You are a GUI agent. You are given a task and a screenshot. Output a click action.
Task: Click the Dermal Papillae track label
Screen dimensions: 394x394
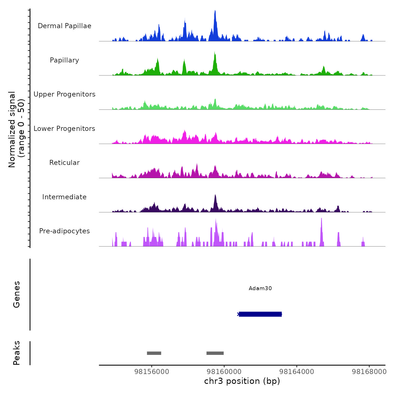(x=64, y=26)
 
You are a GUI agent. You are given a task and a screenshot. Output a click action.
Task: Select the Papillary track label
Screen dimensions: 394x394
(x=64, y=60)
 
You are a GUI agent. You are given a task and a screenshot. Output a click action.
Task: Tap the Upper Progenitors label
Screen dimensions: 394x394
(x=64, y=94)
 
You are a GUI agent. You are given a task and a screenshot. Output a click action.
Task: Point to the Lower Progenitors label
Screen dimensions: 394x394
(x=64, y=129)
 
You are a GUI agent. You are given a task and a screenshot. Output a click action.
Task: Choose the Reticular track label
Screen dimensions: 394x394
(x=64, y=163)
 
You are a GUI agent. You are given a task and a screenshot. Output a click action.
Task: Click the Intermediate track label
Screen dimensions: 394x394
(x=64, y=197)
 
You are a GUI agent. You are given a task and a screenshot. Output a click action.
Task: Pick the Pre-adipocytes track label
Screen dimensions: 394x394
(x=64, y=231)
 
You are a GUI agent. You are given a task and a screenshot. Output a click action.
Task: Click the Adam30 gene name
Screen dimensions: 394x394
(x=260, y=288)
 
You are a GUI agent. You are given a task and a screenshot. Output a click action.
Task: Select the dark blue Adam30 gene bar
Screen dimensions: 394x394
(x=260, y=314)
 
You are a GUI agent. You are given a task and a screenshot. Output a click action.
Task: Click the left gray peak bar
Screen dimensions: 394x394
(x=154, y=353)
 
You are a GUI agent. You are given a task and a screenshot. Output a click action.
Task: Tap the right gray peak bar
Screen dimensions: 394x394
(x=215, y=353)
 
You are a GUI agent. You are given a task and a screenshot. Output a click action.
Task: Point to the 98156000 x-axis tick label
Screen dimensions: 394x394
(x=152, y=372)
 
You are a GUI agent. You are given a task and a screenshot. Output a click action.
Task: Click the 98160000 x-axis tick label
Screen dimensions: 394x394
(x=224, y=372)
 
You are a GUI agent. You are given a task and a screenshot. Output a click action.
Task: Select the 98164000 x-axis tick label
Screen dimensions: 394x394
(x=297, y=372)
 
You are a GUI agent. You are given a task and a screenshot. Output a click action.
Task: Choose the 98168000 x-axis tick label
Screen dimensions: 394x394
(x=369, y=372)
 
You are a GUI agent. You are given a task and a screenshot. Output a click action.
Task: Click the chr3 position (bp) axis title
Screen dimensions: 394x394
(x=242, y=381)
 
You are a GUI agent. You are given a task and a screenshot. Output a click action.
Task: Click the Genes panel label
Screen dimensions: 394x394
(x=17, y=294)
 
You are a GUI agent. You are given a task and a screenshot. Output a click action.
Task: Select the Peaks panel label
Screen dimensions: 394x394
(x=17, y=353)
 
